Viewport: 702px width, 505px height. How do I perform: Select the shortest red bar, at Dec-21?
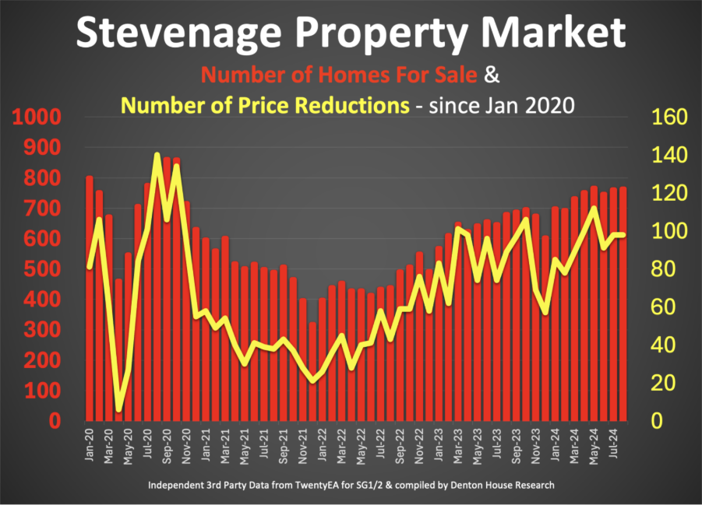coord(312,373)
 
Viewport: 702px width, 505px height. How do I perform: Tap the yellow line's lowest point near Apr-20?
coord(119,408)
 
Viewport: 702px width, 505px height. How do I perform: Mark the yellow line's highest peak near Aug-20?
coord(157,156)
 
